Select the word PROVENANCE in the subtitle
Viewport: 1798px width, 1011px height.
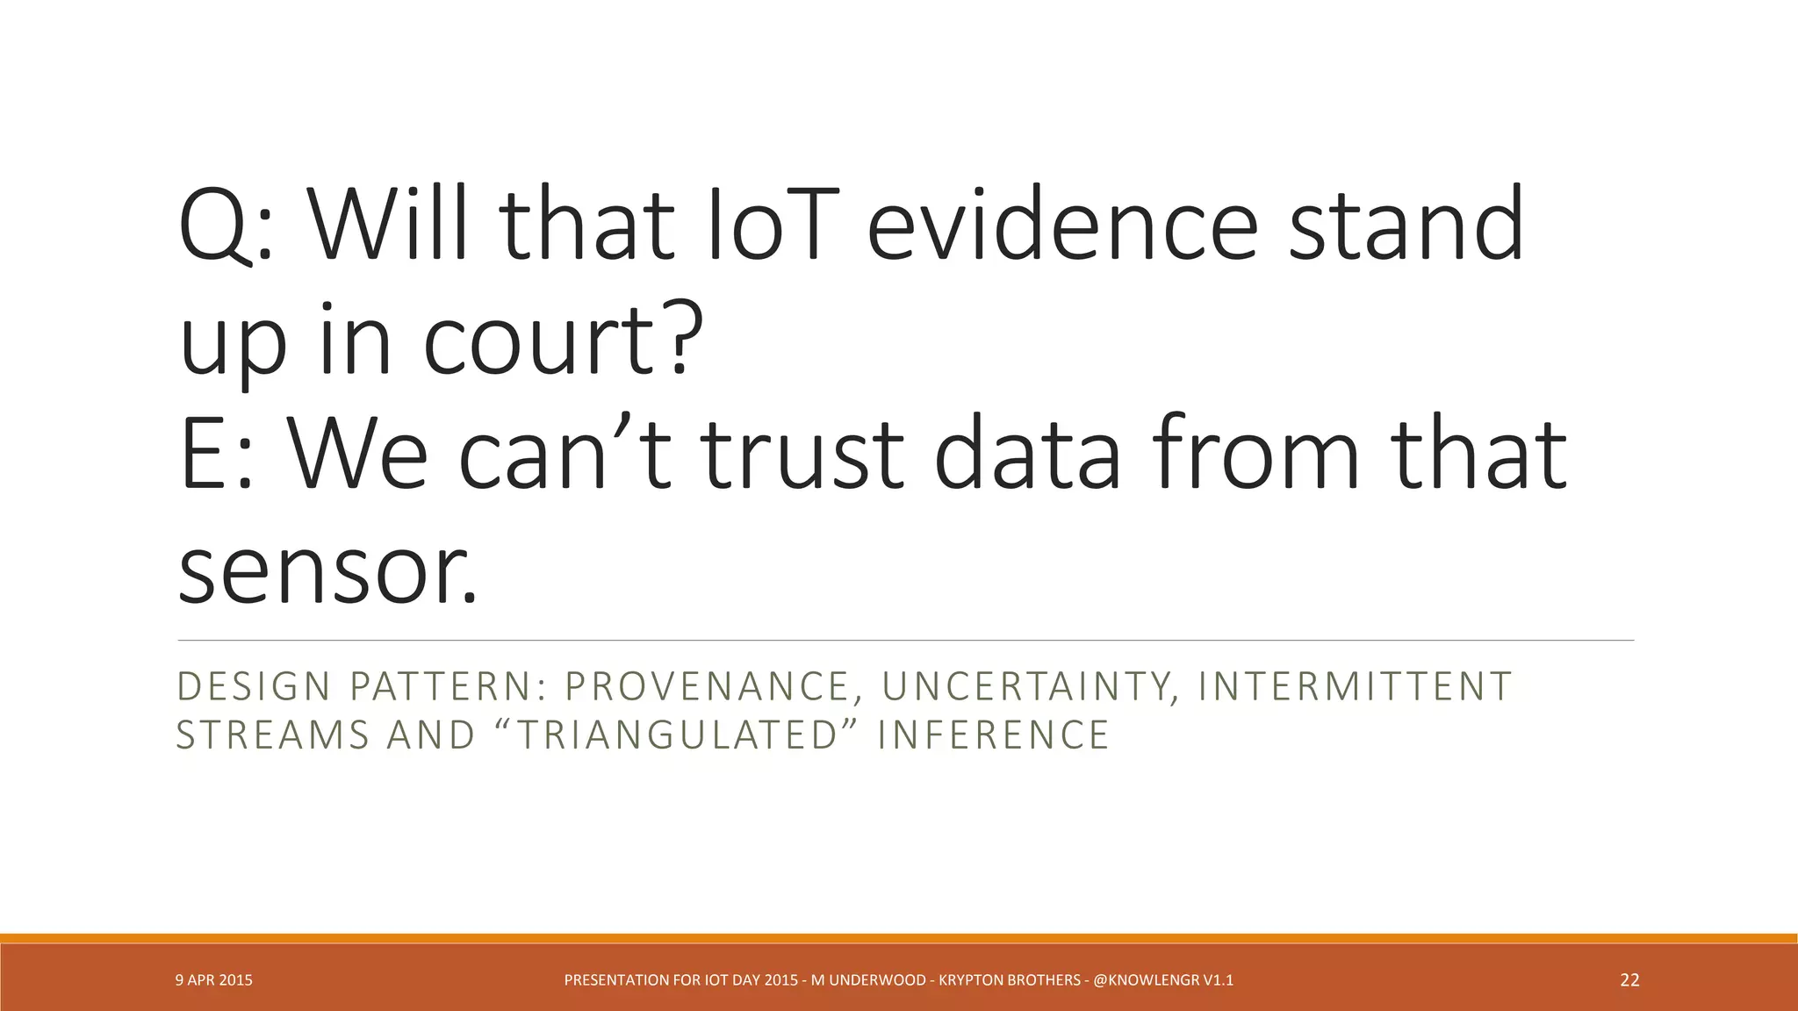click(x=711, y=686)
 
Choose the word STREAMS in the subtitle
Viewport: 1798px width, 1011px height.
click(x=271, y=735)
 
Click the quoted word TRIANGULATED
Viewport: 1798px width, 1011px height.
click(x=676, y=735)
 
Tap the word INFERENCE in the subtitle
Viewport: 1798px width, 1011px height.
click(x=993, y=735)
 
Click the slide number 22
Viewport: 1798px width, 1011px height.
click(x=1629, y=980)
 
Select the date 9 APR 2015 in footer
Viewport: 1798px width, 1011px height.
click(x=213, y=980)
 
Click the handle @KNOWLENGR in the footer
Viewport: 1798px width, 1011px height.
click(x=1146, y=980)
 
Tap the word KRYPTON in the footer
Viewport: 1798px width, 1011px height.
click(x=970, y=980)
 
